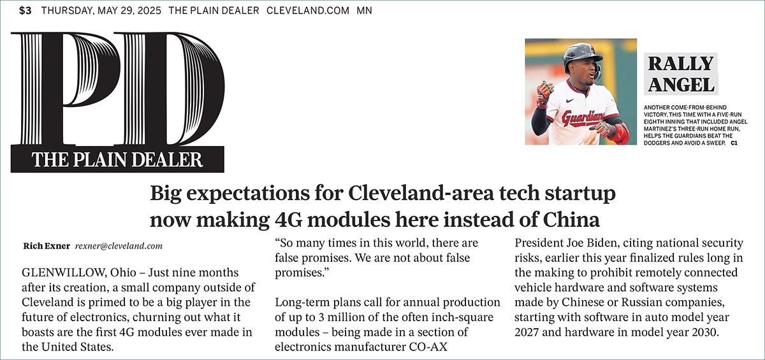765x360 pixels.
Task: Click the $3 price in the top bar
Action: click(25, 11)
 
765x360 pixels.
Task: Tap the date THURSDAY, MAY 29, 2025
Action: click(101, 11)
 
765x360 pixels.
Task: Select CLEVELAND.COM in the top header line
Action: click(308, 11)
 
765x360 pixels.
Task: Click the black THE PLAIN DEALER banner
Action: click(117, 159)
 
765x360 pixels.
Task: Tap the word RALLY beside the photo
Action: click(680, 63)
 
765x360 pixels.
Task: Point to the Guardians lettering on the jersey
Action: click(581, 118)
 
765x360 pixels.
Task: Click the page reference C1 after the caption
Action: click(734, 143)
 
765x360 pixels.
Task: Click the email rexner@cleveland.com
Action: click(119, 245)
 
